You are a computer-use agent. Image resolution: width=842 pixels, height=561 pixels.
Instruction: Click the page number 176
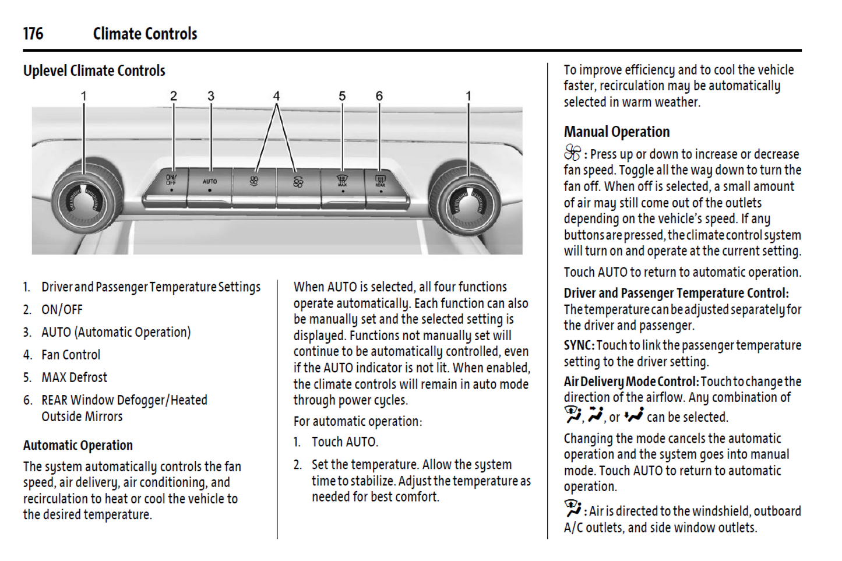point(33,34)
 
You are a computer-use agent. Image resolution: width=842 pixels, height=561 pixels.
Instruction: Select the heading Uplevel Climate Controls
point(94,71)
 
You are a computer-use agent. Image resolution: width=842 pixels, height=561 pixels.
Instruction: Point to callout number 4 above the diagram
point(276,96)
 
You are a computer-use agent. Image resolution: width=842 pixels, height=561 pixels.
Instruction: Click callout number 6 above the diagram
point(379,96)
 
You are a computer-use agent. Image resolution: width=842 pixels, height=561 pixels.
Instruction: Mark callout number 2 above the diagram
point(174,96)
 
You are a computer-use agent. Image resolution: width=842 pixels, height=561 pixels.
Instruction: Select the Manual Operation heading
point(616,132)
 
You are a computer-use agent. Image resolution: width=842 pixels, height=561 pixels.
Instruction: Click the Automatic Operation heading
point(78,446)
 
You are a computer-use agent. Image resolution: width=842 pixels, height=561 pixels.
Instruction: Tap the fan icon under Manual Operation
point(572,153)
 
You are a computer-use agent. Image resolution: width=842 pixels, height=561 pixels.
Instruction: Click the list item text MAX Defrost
point(74,377)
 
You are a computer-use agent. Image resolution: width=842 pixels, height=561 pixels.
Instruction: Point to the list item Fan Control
point(71,355)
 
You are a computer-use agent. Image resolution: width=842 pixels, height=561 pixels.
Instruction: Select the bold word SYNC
point(578,345)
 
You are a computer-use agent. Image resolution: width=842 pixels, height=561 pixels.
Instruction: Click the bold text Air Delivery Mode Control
point(630,382)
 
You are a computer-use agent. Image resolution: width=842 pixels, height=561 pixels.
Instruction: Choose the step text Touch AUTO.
point(344,442)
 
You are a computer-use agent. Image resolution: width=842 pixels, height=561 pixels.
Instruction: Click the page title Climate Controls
point(145,34)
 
